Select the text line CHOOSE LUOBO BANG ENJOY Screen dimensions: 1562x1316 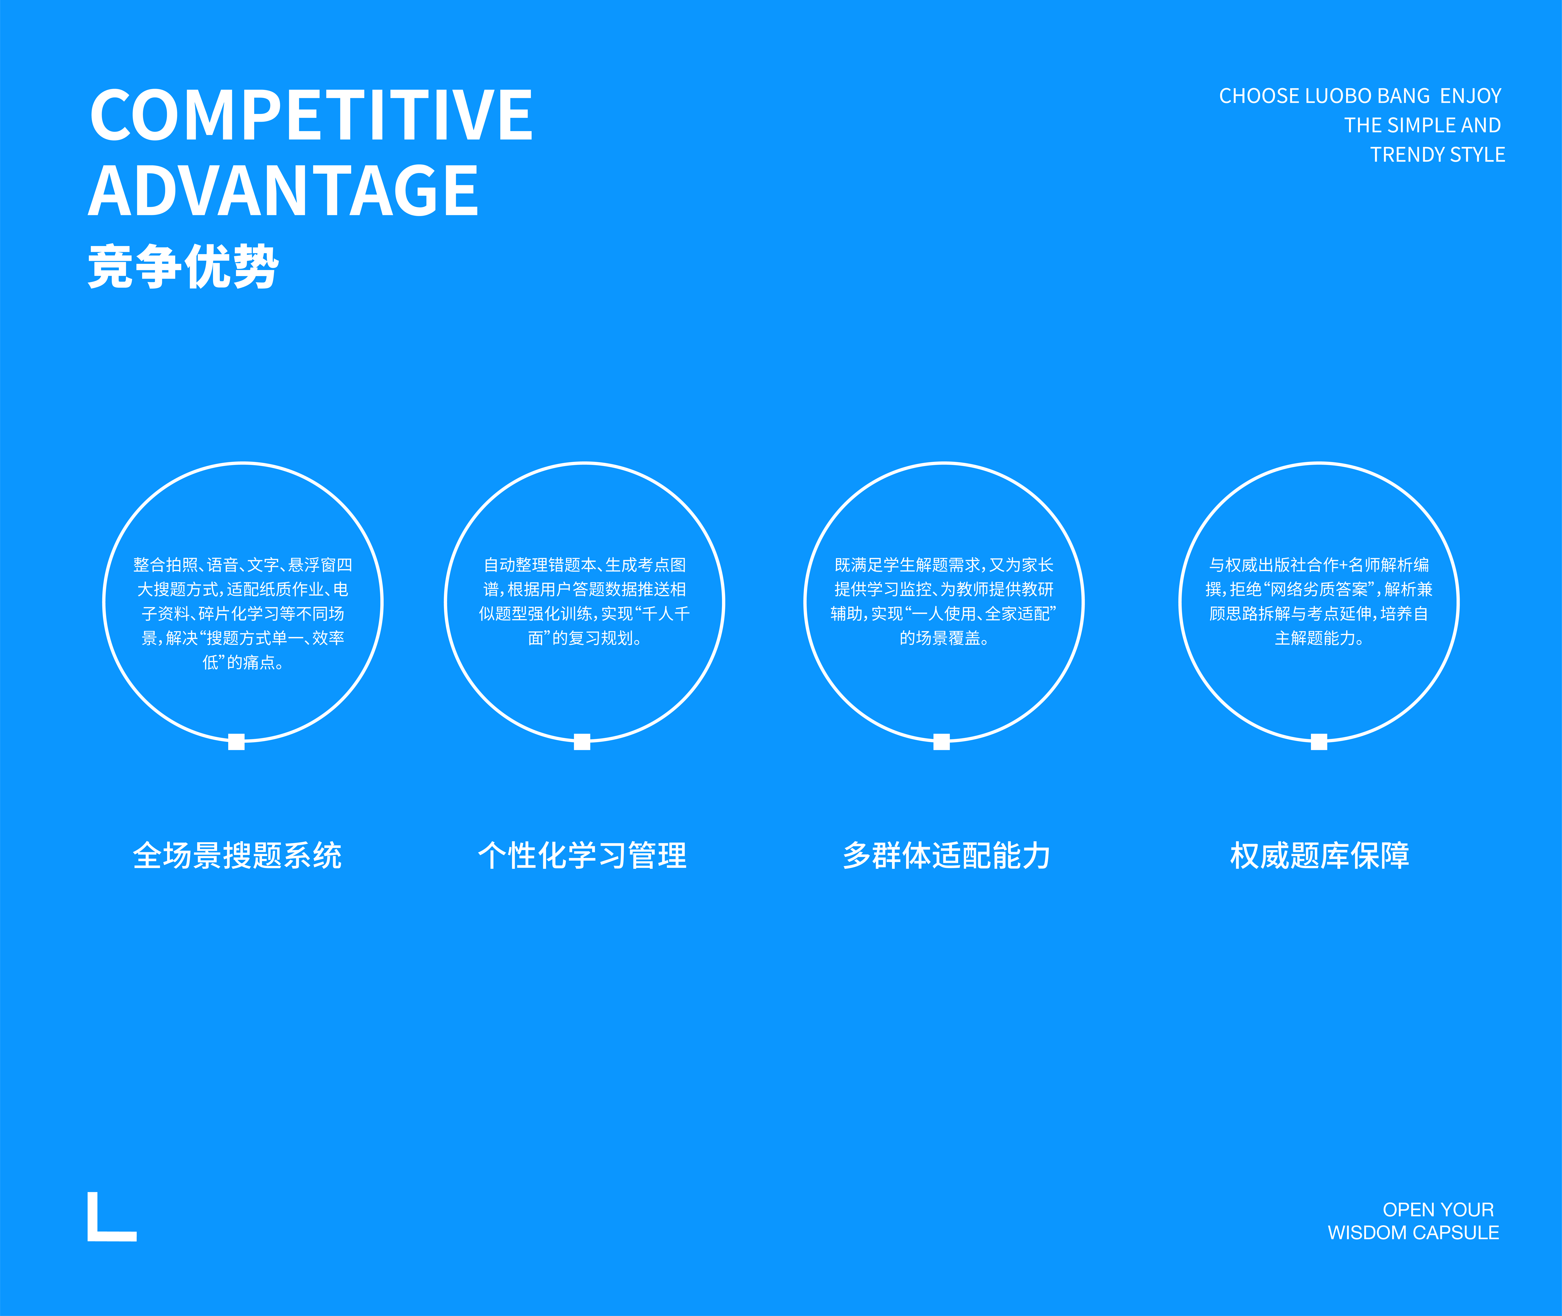(1360, 96)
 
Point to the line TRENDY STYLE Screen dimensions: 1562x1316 (1437, 155)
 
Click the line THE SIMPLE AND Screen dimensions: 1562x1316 (1422, 125)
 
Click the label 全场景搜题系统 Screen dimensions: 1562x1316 (237, 856)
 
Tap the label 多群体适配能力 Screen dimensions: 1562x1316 (946, 856)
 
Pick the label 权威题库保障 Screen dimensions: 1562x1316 (1320, 856)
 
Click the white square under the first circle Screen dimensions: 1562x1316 (237, 742)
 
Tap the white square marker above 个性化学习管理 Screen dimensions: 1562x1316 (582, 742)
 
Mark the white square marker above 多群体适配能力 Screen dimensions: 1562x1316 (942, 742)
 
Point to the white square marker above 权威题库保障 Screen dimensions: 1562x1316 (1319, 742)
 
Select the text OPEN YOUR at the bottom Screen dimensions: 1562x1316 (1438, 1209)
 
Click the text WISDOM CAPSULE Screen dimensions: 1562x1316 (1413, 1232)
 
